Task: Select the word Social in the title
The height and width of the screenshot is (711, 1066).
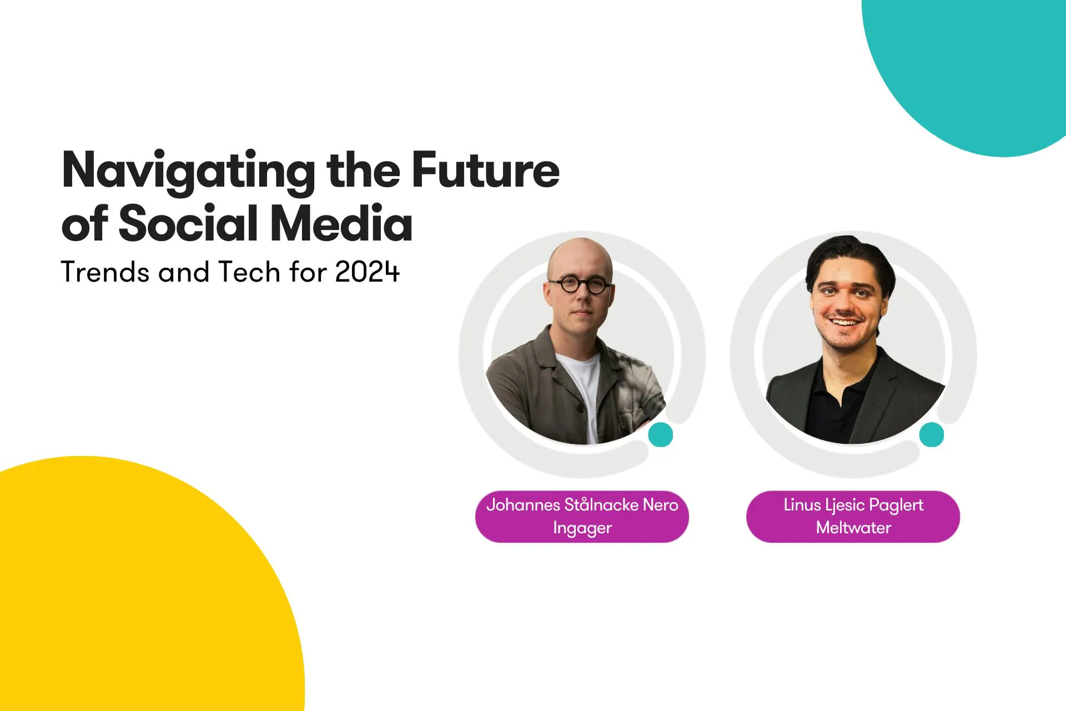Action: coord(189,223)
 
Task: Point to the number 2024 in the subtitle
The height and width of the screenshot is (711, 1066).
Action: coord(367,272)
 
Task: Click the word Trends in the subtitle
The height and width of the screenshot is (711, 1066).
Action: coord(105,272)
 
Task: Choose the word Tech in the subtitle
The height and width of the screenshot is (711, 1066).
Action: coord(249,272)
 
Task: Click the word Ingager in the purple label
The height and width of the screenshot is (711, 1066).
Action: coord(582,528)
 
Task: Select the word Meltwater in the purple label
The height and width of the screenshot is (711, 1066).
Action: coord(853,527)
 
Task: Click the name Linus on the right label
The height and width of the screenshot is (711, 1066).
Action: coord(802,504)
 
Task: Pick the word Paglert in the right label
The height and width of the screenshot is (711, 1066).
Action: coord(896,505)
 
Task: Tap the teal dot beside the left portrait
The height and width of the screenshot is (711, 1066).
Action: coord(661,434)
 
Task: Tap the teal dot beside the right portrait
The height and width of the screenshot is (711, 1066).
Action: coord(932,434)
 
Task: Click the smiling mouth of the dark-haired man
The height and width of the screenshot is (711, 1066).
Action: coord(844,322)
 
